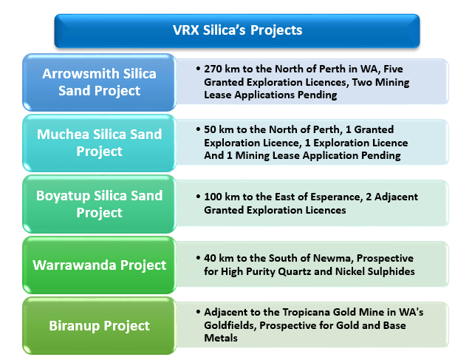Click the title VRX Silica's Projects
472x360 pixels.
[x=237, y=30]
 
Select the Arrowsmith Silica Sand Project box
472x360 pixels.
[x=99, y=82]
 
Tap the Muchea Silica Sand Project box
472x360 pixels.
[x=99, y=143]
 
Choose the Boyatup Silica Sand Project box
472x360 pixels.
[x=99, y=204]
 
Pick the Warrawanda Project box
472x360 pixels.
[x=99, y=265]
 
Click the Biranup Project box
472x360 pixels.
[x=99, y=326]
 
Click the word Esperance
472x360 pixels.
[x=335, y=197]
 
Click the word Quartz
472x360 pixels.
[x=295, y=271]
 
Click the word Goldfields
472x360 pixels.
[x=230, y=326]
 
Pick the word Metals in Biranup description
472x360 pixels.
[x=221, y=338]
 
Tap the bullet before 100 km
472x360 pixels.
[x=198, y=197]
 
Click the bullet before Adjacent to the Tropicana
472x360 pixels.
[x=198, y=312]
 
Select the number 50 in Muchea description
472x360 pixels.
[x=210, y=129]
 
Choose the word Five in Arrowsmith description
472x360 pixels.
[x=393, y=69]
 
